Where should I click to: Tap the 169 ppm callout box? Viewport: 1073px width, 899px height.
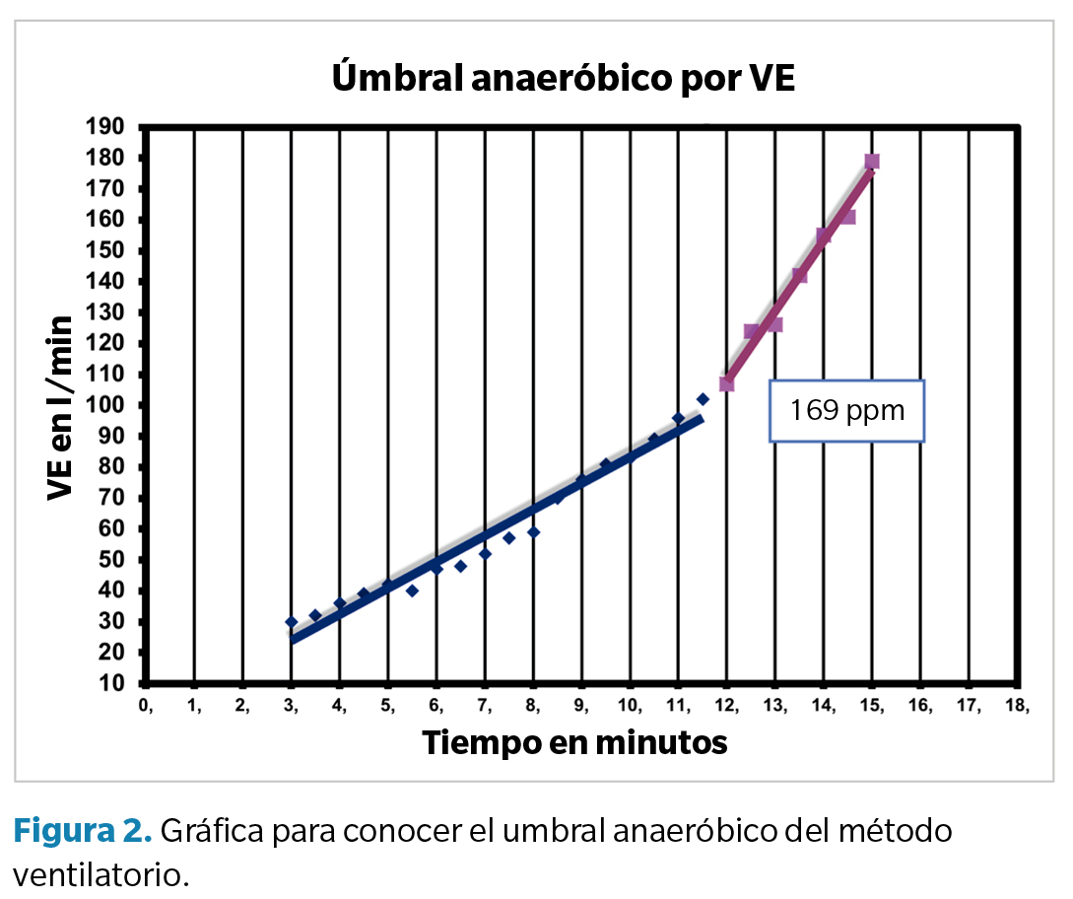click(x=847, y=410)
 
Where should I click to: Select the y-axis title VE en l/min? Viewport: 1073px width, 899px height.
click(x=61, y=407)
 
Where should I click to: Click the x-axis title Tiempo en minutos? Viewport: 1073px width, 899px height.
click(x=574, y=742)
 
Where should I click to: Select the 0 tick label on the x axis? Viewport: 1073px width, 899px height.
click(x=147, y=706)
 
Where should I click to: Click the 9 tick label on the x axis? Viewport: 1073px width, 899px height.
click(x=582, y=706)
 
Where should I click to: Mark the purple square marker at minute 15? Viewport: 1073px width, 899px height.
click(x=872, y=162)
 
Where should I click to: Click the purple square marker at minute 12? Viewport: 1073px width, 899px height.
click(x=727, y=383)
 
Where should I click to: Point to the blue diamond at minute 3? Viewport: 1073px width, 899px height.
click(x=291, y=622)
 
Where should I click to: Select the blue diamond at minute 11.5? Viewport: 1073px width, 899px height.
click(x=703, y=399)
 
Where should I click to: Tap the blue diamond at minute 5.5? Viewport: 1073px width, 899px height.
click(x=412, y=591)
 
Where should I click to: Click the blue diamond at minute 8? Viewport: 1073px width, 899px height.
click(x=533, y=532)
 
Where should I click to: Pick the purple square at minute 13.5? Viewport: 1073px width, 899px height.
click(x=799, y=276)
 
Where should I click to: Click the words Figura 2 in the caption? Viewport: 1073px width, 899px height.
click(x=82, y=831)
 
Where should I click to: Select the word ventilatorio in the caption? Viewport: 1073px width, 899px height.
click(x=101, y=872)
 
